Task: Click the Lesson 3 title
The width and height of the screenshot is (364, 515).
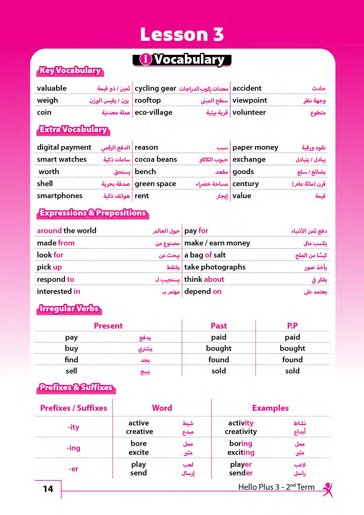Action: [182, 34]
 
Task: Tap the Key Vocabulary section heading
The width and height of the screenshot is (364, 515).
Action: [70, 71]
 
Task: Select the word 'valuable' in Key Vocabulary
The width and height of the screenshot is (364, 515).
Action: [52, 88]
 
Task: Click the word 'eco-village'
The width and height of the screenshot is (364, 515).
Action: [153, 112]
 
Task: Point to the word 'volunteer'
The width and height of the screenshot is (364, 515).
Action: [249, 112]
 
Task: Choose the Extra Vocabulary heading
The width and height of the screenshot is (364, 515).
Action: [73, 130]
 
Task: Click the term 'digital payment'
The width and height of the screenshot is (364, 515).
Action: [64, 147]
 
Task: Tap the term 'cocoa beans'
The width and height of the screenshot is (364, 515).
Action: [156, 159]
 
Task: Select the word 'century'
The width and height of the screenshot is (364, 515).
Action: [245, 184]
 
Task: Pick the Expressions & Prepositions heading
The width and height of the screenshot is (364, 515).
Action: [93, 213]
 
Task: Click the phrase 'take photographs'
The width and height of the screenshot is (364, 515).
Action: [215, 267]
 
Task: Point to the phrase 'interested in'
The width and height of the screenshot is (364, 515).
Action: [58, 292]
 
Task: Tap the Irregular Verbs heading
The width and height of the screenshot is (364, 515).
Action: [69, 309]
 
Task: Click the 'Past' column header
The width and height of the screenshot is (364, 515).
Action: [219, 326]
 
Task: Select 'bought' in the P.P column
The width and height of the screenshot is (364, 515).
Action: [292, 349]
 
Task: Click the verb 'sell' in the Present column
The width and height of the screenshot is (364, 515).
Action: [71, 371]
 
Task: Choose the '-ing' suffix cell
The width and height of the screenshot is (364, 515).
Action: [73, 448]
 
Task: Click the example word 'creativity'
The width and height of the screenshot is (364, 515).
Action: [241, 432]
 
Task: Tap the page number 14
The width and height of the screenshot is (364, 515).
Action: [48, 489]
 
